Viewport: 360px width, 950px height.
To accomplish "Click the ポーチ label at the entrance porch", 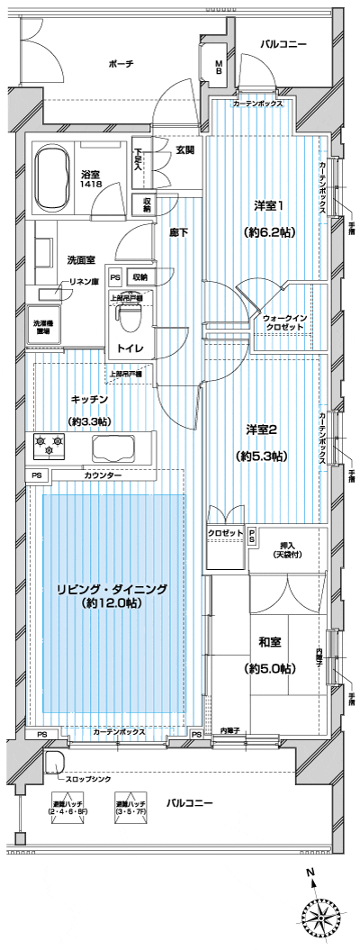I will [x=120, y=64].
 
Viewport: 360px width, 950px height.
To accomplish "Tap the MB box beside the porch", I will [x=219, y=68].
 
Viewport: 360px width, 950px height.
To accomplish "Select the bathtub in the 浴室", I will [x=62, y=168].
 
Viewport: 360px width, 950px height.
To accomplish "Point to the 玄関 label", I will [x=184, y=149].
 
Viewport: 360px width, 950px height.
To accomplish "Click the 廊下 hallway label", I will [x=177, y=231].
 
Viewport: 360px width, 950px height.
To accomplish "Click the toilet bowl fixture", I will [x=129, y=317].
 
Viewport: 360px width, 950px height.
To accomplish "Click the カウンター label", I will [x=103, y=475].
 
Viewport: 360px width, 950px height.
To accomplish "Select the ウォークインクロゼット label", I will [x=288, y=324].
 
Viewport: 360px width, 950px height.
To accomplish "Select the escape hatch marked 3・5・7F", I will [x=131, y=810].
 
